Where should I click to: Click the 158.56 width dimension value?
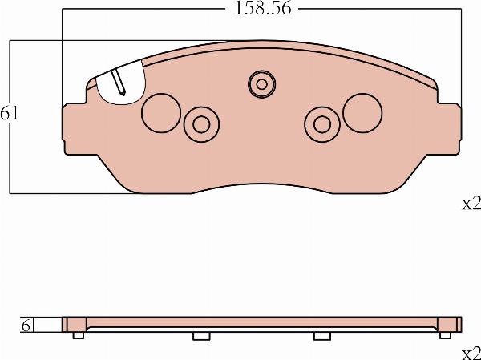click(x=263, y=8)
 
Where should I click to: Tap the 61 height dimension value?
click(x=9, y=114)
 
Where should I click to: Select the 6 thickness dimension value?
click(x=26, y=326)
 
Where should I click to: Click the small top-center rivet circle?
click(x=261, y=84)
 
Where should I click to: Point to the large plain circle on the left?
click(x=161, y=113)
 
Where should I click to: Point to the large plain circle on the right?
click(x=362, y=113)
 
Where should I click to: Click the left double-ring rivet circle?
click(x=201, y=124)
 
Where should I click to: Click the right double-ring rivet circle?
click(x=322, y=124)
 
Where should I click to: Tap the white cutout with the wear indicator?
click(x=120, y=83)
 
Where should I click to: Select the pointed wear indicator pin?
click(x=118, y=83)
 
